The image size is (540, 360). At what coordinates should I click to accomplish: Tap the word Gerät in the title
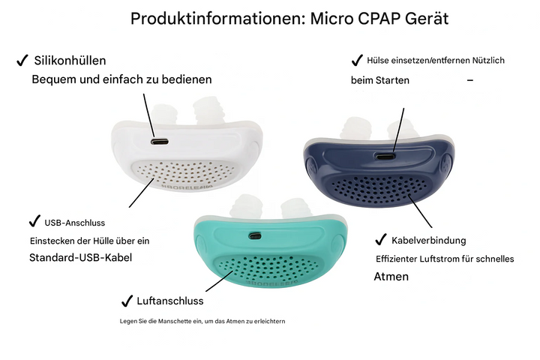tap(427, 19)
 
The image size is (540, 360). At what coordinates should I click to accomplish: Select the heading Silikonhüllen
tap(70, 60)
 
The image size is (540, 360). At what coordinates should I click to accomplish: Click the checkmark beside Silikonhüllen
tap(22, 60)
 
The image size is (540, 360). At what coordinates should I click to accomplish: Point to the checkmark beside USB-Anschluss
tap(34, 221)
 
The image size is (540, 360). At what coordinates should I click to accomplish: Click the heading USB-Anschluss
tap(75, 223)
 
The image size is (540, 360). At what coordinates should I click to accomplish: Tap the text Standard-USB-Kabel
tap(85, 257)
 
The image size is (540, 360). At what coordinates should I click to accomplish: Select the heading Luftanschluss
tap(170, 301)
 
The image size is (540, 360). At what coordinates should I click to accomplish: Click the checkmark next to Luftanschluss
tap(127, 301)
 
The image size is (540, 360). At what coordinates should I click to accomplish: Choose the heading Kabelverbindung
tap(429, 240)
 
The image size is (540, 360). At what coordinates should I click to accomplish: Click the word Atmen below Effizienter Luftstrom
tap(391, 277)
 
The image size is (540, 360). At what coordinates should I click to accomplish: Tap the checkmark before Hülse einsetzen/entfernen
tap(357, 59)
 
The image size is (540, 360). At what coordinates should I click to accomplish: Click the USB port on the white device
tap(159, 141)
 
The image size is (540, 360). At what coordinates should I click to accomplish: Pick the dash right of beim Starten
tap(469, 79)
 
